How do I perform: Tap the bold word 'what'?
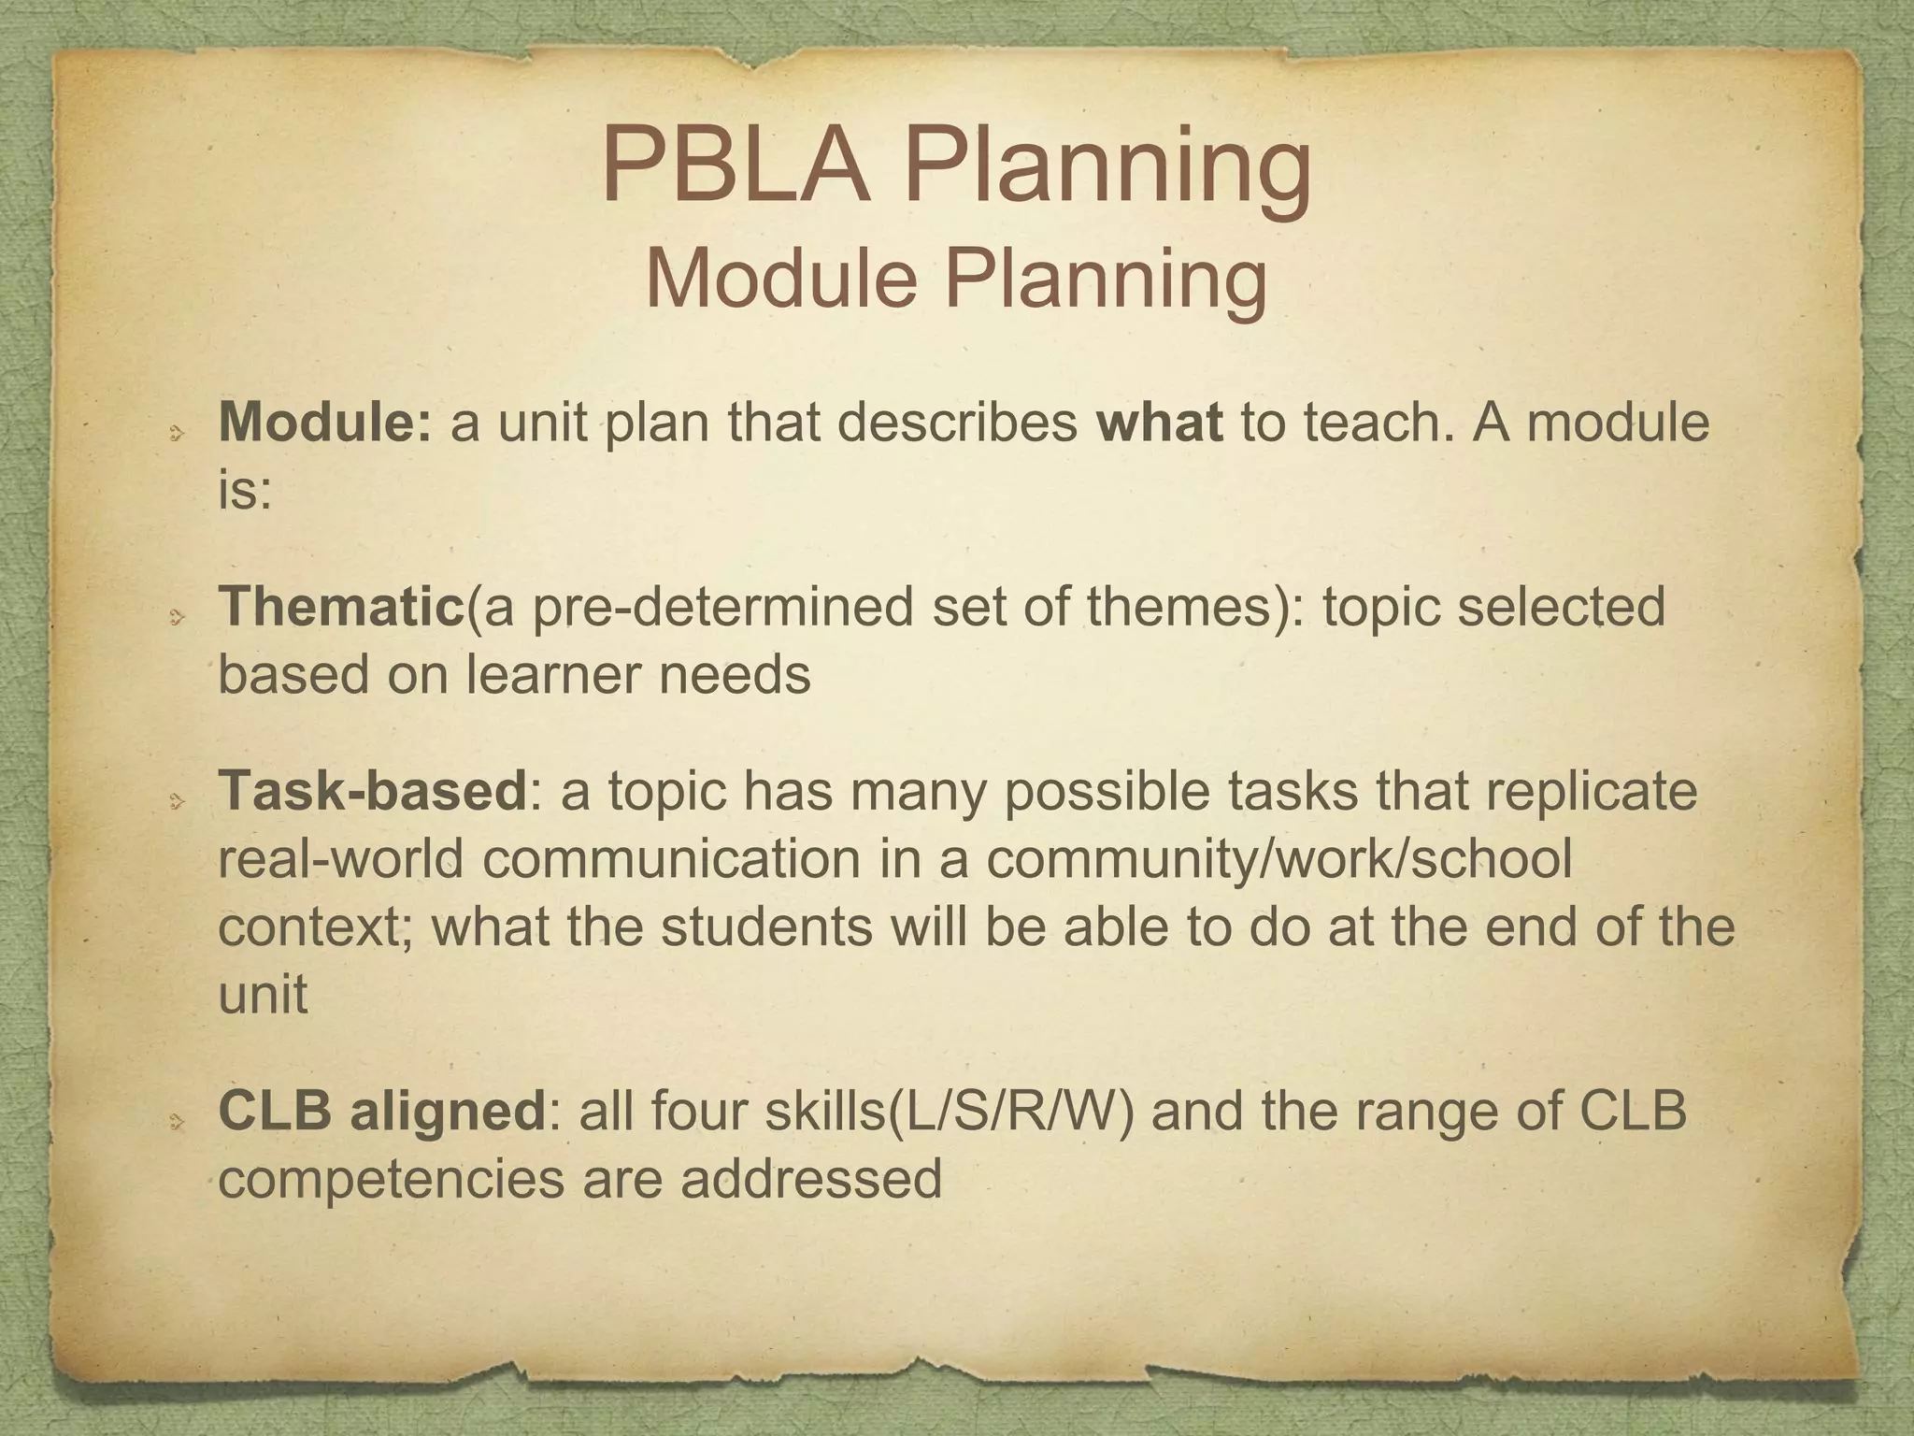(x=1159, y=422)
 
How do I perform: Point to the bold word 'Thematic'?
(x=341, y=606)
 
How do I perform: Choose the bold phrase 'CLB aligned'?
(x=381, y=1111)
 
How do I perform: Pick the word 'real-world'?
(x=340, y=858)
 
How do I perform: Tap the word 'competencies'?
(x=392, y=1180)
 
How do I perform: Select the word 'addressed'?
(x=810, y=1178)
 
